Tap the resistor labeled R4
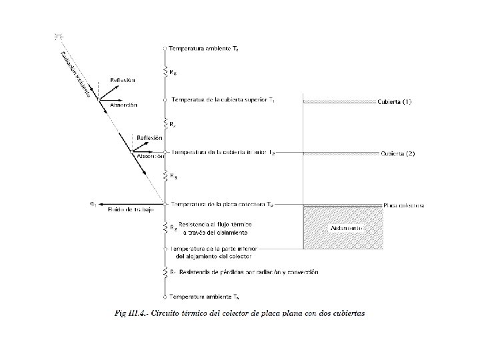(165, 125)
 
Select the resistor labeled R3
(165, 177)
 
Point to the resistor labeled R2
(165, 227)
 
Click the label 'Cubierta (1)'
(395, 101)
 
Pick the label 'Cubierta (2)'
(398, 153)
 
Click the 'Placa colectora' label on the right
(404, 205)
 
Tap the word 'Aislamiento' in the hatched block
(346, 227)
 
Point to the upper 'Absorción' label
(123, 105)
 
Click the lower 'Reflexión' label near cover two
(150, 138)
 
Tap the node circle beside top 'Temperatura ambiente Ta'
(165, 49)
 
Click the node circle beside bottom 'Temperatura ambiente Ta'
(165, 295)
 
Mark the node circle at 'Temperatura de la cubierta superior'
(165, 100)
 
